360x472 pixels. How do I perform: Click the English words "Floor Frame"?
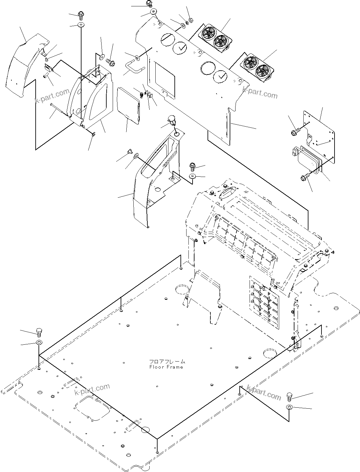point(166,367)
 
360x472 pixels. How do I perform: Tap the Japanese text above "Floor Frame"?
point(167,362)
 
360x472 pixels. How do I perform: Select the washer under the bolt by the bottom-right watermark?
point(289,408)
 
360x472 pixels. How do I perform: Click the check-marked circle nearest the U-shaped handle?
point(180,48)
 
